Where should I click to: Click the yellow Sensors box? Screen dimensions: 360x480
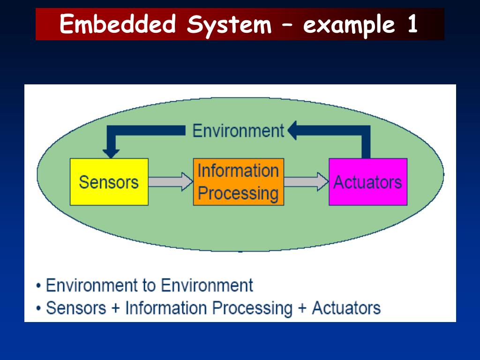(x=109, y=182)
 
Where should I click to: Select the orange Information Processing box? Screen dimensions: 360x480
(x=238, y=182)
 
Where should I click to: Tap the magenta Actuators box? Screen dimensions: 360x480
(x=367, y=182)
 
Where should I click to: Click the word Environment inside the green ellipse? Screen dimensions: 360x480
(x=238, y=131)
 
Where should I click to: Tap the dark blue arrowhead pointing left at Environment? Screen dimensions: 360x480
(x=293, y=131)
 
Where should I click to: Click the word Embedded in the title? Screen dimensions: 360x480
(x=118, y=24)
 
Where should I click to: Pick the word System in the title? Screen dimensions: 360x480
(x=229, y=24)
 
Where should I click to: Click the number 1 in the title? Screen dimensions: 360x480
(x=412, y=24)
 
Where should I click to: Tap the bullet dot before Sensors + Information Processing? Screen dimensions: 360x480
(x=38, y=309)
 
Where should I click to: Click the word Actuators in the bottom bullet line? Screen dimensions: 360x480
(x=346, y=308)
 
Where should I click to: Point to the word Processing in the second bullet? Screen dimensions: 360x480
(x=252, y=308)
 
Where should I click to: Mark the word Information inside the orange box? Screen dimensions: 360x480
(x=238, y=171)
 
